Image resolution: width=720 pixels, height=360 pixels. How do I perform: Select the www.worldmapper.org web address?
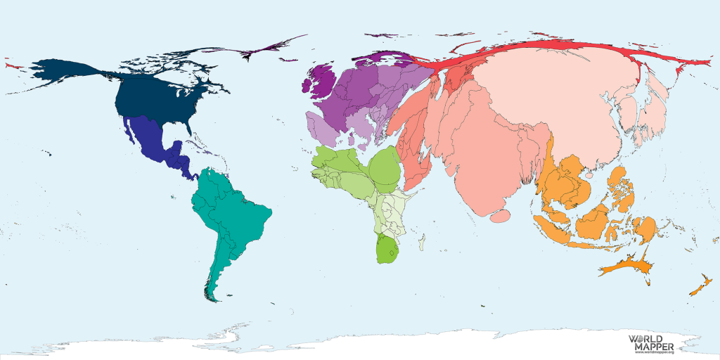655,352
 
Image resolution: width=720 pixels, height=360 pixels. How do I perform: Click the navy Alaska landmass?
67,71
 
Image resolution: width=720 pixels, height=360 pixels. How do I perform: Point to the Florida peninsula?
189,127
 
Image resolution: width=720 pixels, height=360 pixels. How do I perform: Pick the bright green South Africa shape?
387,249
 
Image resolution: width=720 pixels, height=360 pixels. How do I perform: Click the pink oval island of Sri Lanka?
500,217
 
